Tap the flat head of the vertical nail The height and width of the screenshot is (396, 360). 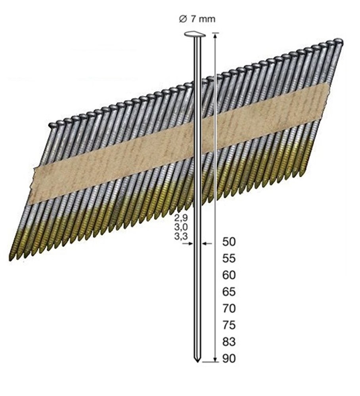pos(195,35)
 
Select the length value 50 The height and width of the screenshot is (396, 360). pos(230,242)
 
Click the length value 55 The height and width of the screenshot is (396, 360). pos(230,259)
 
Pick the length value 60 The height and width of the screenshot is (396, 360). pos(230,275)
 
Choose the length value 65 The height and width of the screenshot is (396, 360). pos(230,292)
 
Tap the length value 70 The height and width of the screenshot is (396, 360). pos(230,308)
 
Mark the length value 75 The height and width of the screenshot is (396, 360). pos(230,325)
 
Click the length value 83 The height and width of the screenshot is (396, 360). pos(230,342)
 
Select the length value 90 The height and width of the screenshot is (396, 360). pos(230,359)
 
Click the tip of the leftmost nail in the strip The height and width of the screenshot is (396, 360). pos(10,259)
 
